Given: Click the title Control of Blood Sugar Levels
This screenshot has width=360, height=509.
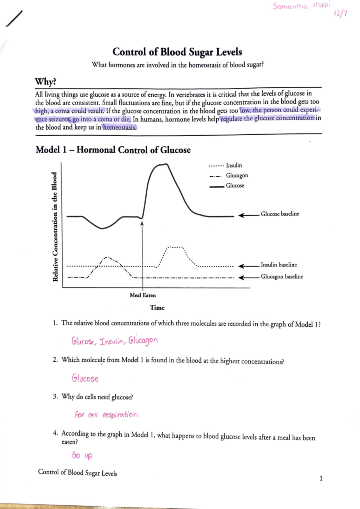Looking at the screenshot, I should (177, 52).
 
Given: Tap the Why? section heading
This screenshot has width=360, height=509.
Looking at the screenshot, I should (45, 82).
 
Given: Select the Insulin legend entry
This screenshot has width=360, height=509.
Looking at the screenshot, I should (233, 165).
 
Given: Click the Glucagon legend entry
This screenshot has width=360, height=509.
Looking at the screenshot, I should (237, 175).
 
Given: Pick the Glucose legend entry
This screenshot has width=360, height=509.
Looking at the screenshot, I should (235, 186).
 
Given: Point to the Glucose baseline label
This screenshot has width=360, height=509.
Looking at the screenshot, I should (280, 214).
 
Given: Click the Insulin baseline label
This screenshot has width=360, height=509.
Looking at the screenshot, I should (278, 265).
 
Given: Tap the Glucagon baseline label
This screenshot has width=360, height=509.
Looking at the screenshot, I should (282, 277).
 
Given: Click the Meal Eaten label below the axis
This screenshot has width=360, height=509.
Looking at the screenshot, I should (142, 295).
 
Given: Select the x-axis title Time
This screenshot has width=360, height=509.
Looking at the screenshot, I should (157, 308).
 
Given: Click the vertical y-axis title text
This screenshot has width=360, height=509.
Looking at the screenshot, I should (55, 227).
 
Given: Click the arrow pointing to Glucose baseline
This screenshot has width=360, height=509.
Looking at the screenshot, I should (248, 215).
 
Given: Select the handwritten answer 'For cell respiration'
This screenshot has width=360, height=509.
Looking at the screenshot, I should (106, 415).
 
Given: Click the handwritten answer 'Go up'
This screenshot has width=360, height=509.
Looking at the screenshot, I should (82, 456).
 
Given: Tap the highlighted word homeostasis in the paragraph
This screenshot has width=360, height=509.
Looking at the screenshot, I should (120, 127).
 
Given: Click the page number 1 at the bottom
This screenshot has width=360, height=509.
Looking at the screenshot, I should (321, 478).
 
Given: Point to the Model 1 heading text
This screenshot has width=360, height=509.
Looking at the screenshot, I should (113, 150).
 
